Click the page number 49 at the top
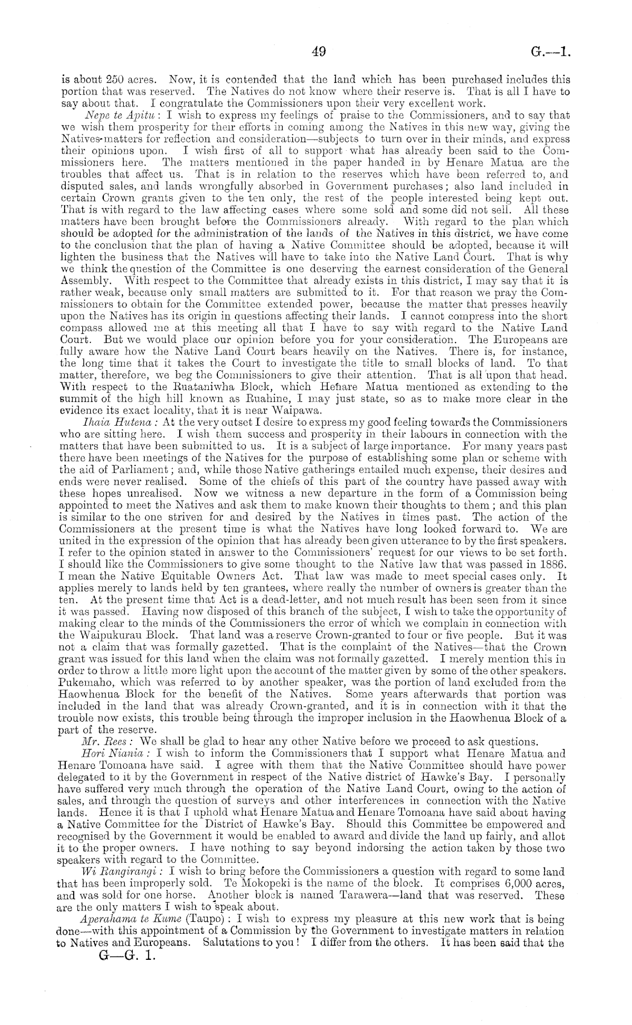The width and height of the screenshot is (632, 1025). [318, 53]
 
